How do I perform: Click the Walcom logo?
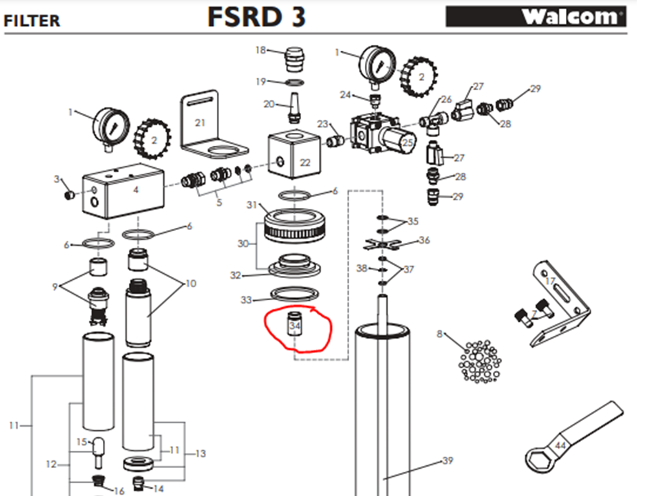(537, 16)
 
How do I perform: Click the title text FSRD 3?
(256, 16)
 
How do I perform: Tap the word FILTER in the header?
(32, 21)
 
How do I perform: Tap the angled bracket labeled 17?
(565, 304)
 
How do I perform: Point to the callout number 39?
(447, 461)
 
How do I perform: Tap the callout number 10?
(190, 284)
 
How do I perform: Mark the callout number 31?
(251, 206)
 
